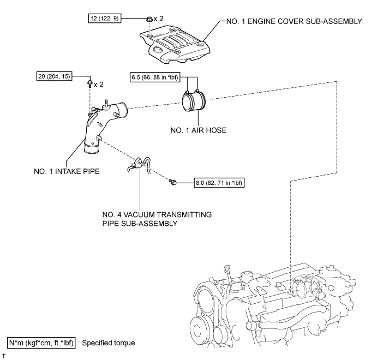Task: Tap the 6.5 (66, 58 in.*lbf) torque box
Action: coord(155,77)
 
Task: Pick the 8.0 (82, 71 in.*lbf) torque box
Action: coord(219,183)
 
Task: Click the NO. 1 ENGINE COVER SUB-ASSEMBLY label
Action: coord(294,21)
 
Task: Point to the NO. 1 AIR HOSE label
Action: coord(199,130)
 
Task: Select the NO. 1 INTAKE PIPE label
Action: coord(67,171)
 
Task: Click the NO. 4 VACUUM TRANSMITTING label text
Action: coord(157,214)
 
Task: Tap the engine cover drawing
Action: coord(175,46)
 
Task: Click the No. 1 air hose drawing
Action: coord(194,101)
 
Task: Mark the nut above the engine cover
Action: coord(149,19)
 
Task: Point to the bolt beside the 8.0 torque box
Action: coord(172,182)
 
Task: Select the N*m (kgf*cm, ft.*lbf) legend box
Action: coord(41,343)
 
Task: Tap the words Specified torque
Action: coord(109,343)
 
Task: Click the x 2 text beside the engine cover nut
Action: coord(158,19)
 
